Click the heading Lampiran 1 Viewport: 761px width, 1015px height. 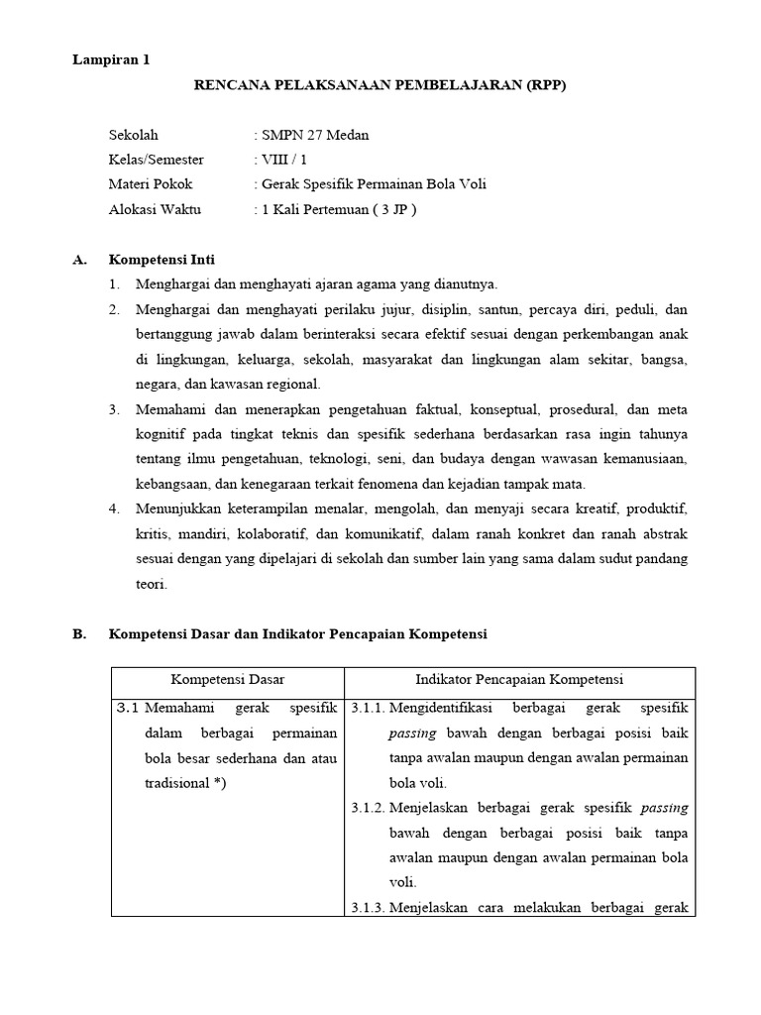111,59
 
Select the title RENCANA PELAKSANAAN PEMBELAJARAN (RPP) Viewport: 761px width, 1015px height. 379,85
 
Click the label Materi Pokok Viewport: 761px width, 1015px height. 151,184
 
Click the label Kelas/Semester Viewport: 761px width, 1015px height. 157,160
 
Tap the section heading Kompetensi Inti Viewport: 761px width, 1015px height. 162,260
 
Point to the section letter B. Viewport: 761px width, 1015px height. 79,633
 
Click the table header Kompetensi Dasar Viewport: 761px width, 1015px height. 227,679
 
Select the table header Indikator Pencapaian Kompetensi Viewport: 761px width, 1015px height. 519,679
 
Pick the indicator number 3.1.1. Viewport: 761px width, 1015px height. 368,709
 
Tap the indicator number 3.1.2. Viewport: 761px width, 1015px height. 368,808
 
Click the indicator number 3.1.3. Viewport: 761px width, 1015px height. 368,907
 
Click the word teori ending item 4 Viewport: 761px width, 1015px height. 152,584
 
